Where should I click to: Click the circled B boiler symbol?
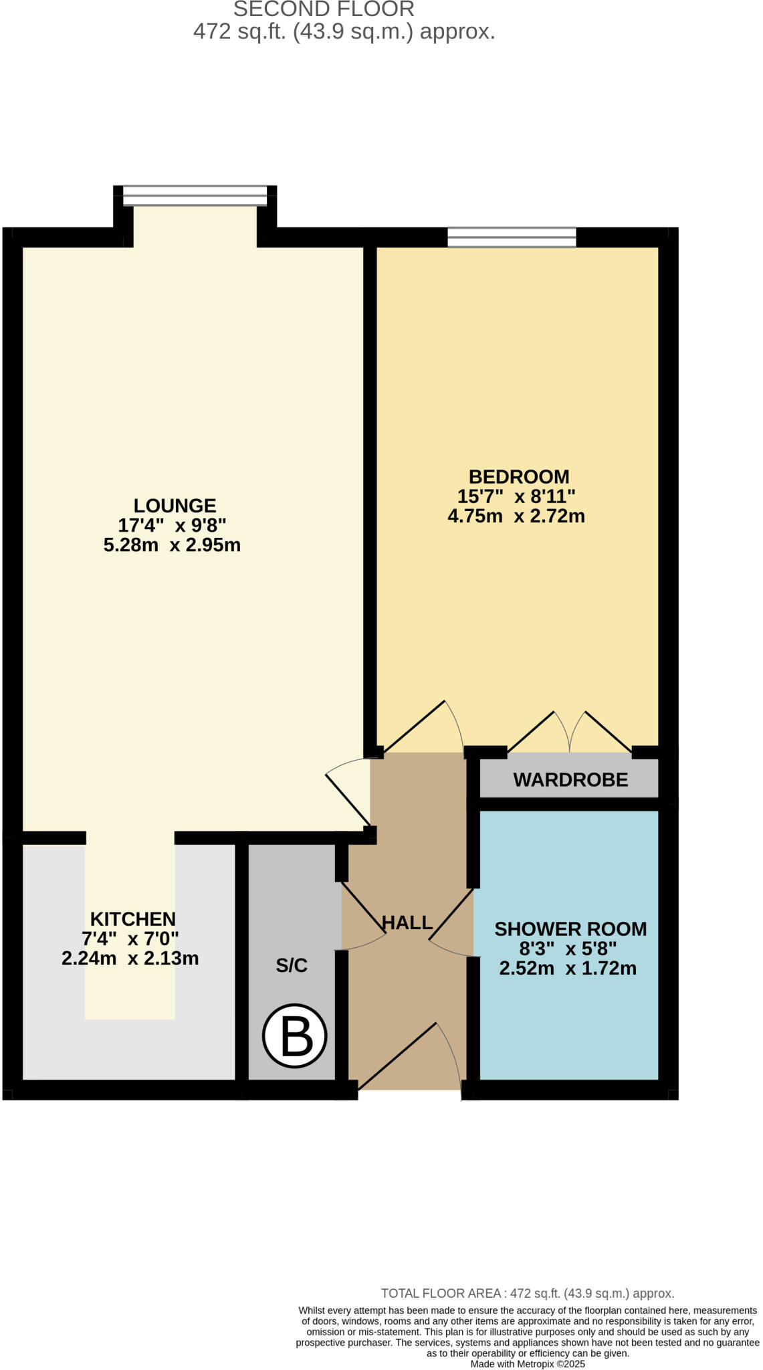(x=294, y=1036)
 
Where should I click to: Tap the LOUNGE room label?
(x=175, y=506)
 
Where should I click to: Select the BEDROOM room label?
(x=518, y=477)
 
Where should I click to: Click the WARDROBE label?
(x=570, y=780)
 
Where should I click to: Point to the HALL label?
(x=407, y=923)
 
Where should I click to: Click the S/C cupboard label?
(x=292, y=965)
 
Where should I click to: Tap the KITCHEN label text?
(x=133, y=919)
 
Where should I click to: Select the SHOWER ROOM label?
(x=570, y=929)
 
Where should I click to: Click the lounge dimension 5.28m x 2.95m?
(x=172, y=545)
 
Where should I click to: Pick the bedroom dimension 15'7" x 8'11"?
(x=516, y=496)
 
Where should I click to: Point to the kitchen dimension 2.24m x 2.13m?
(x=130, y=959)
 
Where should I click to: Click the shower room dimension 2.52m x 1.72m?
(x=568, y=968)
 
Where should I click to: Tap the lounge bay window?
(x=195, y=195)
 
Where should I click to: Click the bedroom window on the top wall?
(x=512, y=237)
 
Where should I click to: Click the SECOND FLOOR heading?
(x=324, y=9)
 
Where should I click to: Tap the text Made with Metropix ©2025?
(x=528, y=1364)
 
